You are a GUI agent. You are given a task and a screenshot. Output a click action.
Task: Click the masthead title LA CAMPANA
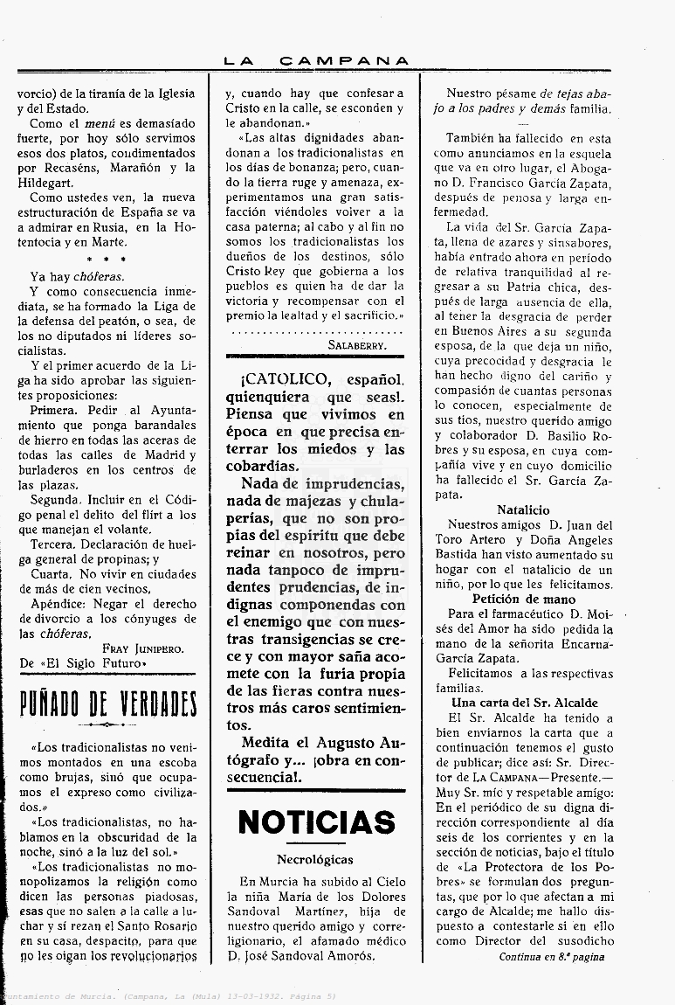[315, 60]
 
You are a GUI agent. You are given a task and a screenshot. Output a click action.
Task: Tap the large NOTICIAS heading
[316, 822]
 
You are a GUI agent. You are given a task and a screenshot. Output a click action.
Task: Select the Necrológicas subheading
[315, 860]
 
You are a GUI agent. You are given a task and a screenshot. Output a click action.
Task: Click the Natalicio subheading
[523, 509]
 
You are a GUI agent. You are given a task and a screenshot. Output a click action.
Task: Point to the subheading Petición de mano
[524, 599]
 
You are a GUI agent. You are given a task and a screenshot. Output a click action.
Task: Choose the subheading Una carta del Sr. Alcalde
[524, 703]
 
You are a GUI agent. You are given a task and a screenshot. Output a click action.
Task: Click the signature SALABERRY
[358, 344]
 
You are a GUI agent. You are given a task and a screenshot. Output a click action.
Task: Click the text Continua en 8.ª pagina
[552, 957]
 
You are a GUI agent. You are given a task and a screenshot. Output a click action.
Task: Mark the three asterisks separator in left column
[107, 260]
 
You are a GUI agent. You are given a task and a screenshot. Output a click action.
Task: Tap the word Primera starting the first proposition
[53, 410]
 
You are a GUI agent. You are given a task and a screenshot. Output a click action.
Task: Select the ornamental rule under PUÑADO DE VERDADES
[107, 724]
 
